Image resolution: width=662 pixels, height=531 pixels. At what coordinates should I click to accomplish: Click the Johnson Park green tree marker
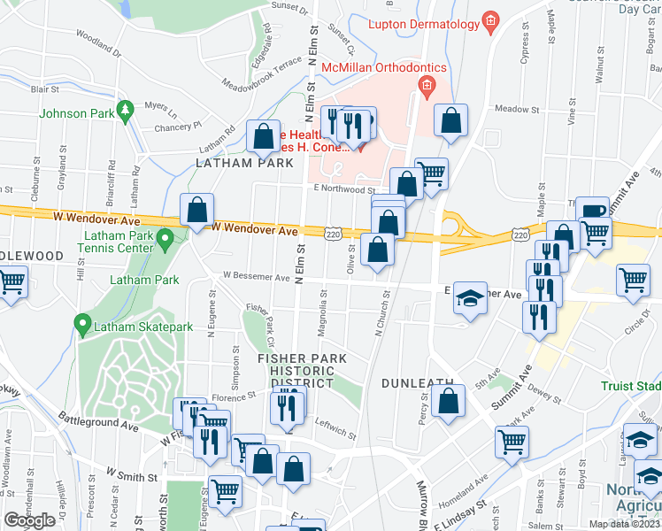pyautogui.click(x=125, y=110)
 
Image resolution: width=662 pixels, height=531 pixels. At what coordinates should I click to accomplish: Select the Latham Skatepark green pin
pyautogui.click(x=83, y=325)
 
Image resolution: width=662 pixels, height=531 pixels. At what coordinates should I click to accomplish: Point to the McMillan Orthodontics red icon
pyautogui.click(x=427, y=84)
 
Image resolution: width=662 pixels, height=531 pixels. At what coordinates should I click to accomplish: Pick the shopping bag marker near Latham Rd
pyautogui.click(x=263, y=137)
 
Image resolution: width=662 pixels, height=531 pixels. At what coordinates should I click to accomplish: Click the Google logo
pyautogui.click(x=29, y=520)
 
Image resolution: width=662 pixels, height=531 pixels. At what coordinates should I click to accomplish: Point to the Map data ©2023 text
pyautogui.click(x=623, y=524)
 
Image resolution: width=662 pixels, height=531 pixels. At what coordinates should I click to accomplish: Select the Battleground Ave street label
pyautogui.click(x=99, y=420)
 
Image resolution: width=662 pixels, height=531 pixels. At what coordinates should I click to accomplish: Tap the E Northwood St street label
pyautogui.click(x=344, y=189)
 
